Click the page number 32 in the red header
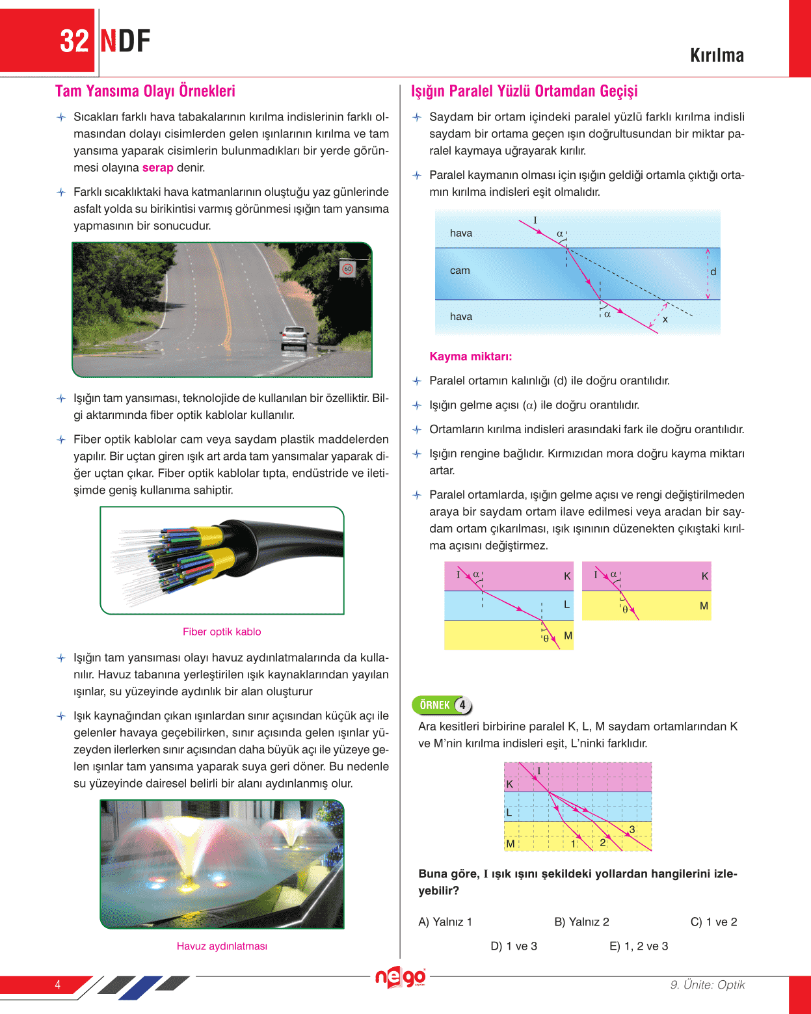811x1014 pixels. tap(74, 41)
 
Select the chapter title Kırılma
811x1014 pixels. tap(717, 56)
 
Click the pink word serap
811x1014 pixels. tap(157, 168)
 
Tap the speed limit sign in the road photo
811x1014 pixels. tap(347, 269)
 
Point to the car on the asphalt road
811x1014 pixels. tap(294, 337)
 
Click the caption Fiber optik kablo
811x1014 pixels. tap(222, 632)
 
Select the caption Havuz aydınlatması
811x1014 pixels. tap(222, 946)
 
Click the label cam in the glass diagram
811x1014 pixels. tap(460, 271)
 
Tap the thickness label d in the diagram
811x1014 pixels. tap(713, 272)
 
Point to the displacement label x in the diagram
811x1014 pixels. tap(665, 319)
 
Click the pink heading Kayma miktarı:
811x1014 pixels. tap(470, 356)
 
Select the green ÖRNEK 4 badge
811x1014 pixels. tap(442, 705)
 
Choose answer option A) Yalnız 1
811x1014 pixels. tap(445, 922)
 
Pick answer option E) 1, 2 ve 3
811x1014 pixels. tap(639, 946)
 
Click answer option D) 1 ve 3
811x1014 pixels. tap(514, 946)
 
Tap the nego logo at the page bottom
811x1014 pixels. tap(400, 977)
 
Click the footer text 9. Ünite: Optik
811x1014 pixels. tap(708, 985)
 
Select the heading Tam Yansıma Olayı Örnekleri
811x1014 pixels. tap(145, 91)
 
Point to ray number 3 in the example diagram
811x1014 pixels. tap(632, 829)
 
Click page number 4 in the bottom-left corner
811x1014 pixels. tap(58, 985)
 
